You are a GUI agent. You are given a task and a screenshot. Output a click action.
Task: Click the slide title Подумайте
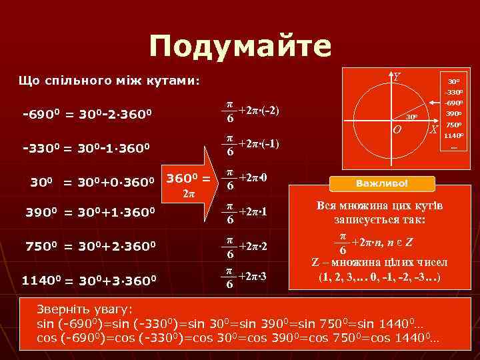coord(240,47)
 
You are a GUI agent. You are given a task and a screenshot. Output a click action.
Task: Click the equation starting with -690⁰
coord(88,114)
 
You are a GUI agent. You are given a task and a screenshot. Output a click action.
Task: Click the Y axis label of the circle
coord(397,77)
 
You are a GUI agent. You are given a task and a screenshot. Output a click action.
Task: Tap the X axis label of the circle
coord(433,129)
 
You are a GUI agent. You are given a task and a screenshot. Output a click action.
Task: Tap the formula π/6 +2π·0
coord(246,179)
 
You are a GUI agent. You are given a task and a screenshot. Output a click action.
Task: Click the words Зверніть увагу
coord(85,310)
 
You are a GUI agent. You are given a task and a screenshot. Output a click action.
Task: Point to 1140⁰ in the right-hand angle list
coord(453,136)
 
